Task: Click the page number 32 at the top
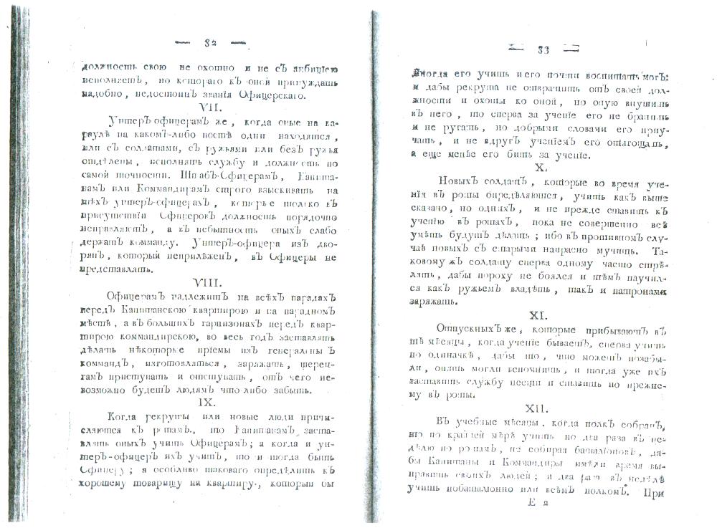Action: pos(210,43)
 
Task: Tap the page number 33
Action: pos(543,49)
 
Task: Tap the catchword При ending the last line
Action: pos(653,492)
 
